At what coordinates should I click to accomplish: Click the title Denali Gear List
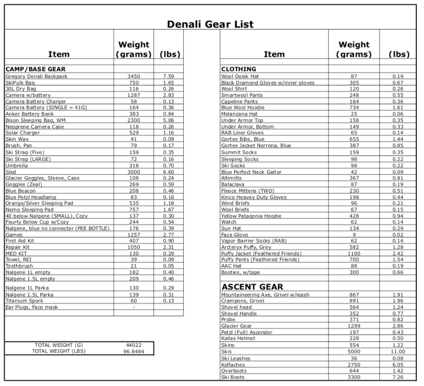[210, 24]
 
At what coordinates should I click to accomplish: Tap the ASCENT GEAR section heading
[252, 287]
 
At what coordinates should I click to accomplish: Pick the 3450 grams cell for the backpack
[134, 76]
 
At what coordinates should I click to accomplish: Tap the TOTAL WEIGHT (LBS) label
[59, 351]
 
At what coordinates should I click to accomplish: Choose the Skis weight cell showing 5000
[354, 352]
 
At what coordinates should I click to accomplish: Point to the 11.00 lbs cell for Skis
[398, 352]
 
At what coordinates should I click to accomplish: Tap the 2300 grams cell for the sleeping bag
[134, 120]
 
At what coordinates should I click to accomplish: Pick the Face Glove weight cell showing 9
[354, 234]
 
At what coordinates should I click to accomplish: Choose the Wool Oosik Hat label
[240, 76]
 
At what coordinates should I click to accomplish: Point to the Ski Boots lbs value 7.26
[398, 377]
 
